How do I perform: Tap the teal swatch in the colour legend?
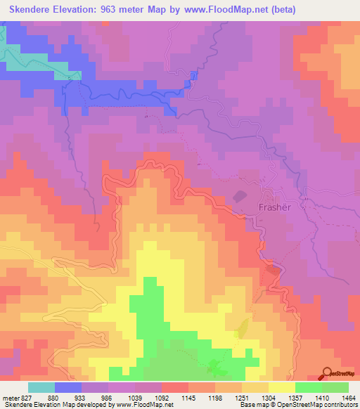(41, 387)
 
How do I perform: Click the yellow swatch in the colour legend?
(282, 387)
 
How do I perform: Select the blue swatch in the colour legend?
(68, 387)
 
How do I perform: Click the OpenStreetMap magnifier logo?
(326, 373)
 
